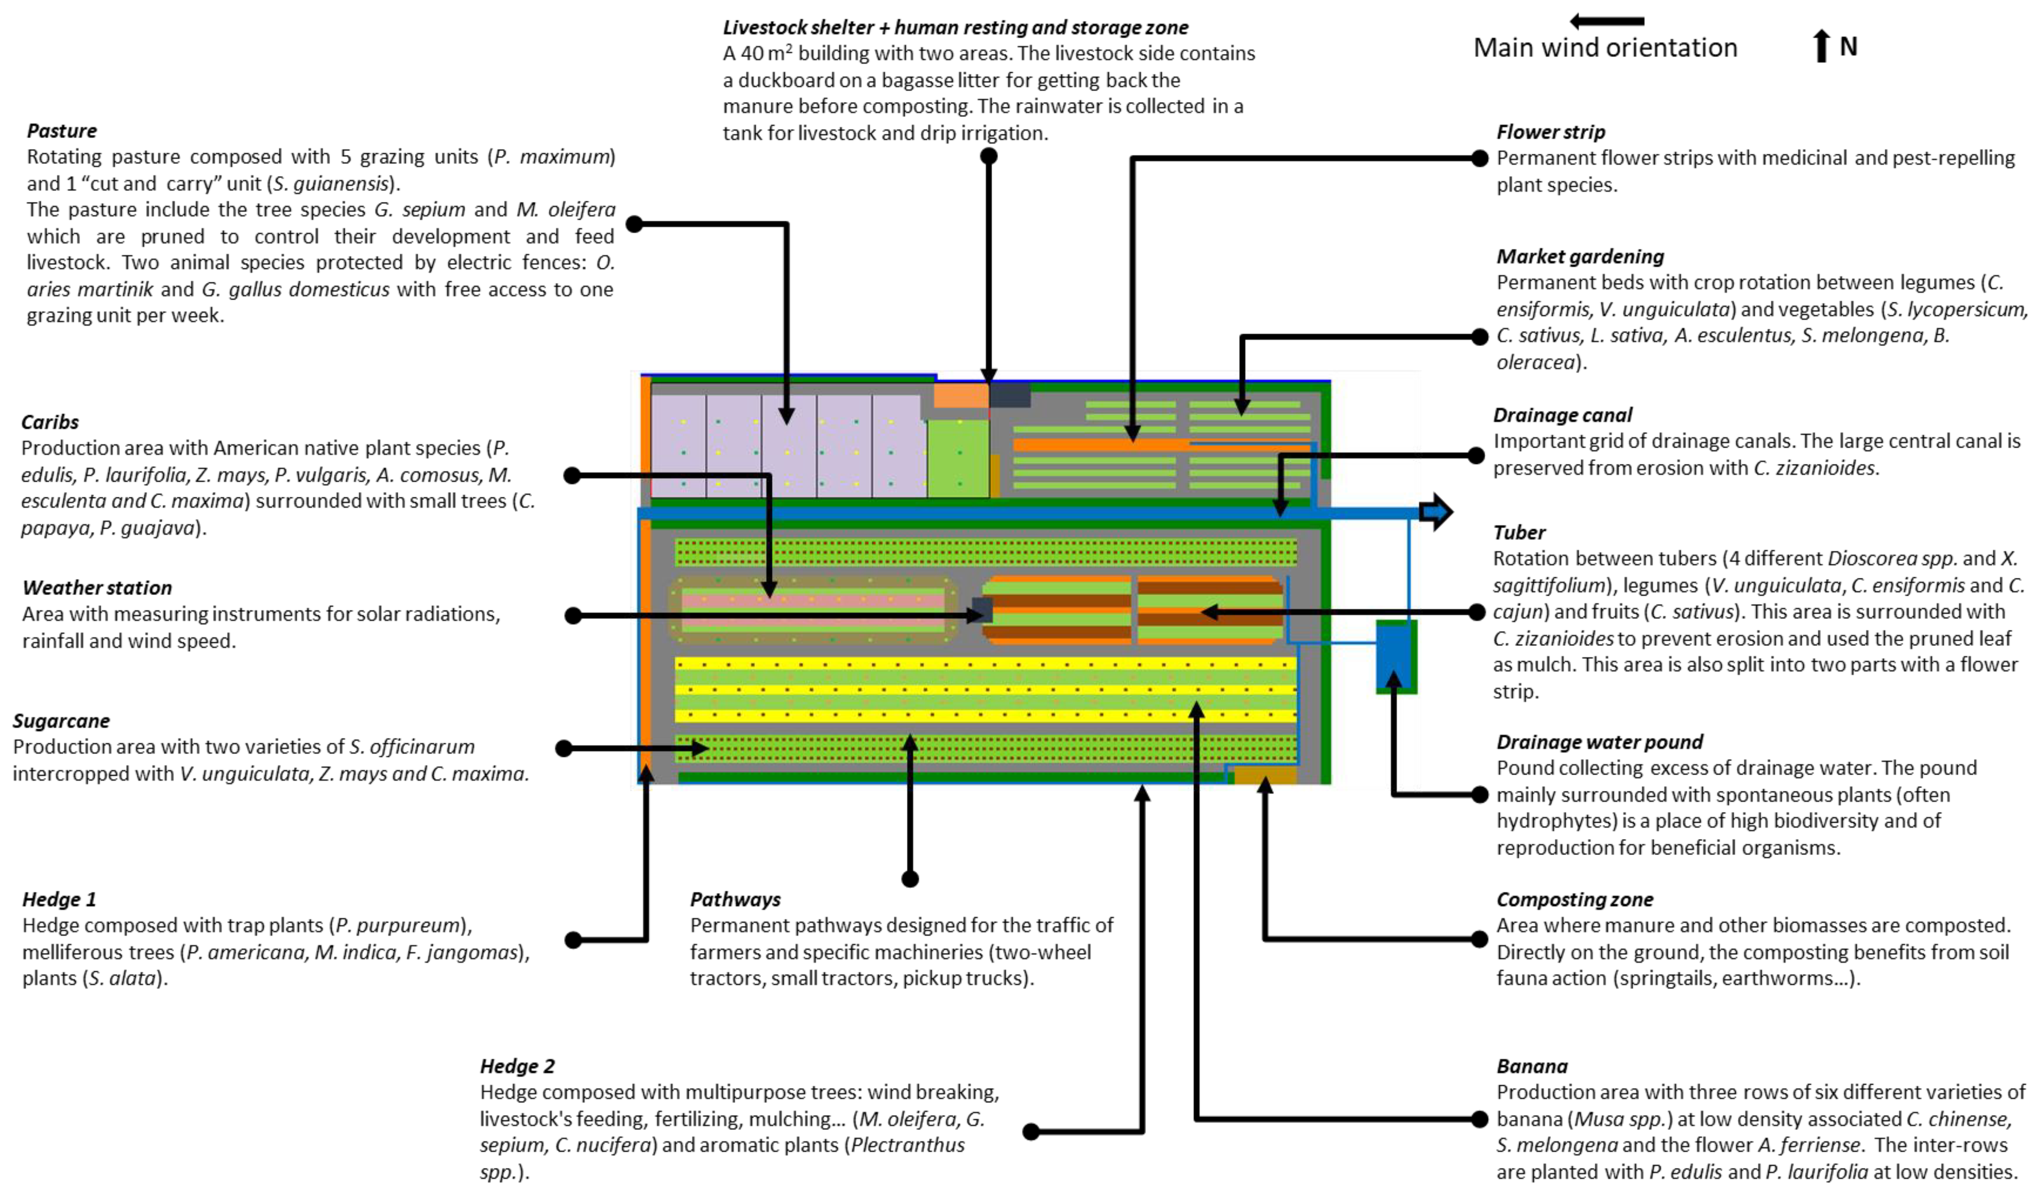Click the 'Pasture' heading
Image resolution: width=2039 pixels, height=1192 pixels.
[x=62, y=131]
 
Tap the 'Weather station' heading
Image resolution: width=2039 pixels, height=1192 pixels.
[x=97, y=587]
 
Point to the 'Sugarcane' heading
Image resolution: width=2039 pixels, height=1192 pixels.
[x=62, y=721]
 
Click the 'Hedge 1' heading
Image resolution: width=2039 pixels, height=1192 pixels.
[x=59, y=899]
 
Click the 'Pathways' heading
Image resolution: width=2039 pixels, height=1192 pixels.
[x=735, y=899]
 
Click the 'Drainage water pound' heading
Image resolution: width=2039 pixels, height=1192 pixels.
[x=1599, y=742]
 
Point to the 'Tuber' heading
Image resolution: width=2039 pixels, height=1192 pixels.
[x=1519, y=532]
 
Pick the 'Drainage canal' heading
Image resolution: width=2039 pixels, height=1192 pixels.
[x=1562, y=415]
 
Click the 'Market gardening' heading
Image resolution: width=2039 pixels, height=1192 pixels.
[x=1579, y=257]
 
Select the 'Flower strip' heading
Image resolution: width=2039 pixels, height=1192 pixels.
[x=1550, y=132]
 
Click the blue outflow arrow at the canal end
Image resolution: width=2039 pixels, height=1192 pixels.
[x=1436, y=511]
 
